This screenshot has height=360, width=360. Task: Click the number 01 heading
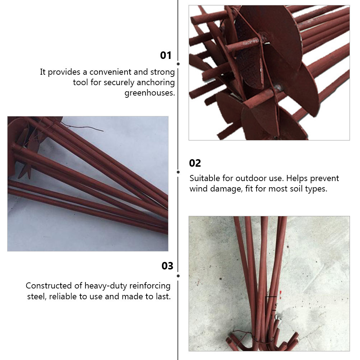click(166, 55)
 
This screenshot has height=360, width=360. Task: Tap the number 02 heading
click(195, 163)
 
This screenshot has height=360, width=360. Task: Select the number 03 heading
click(167, 266)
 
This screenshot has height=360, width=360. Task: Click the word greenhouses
click(150, 93)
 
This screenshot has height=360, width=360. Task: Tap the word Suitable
click(204, 178)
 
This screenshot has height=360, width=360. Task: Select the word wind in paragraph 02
click(198, 189)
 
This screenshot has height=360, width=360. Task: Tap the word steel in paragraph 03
click(37, 297)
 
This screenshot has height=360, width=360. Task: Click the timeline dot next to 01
click(178, 64)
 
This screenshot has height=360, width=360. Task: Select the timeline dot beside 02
click(178, 172)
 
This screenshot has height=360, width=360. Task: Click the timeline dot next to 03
click(178, 276)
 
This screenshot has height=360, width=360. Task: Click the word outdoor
click(250, 178)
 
